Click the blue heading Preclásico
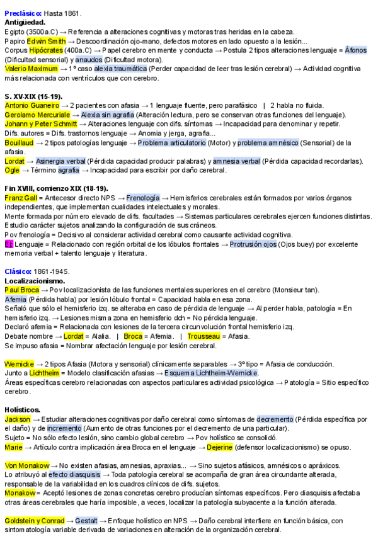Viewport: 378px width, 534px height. tap(23, 13)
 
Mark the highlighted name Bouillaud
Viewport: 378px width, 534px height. tap(21, 143)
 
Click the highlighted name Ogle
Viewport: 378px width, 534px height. tap(12, 170)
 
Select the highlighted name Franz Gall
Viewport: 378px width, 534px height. tap(21, 198)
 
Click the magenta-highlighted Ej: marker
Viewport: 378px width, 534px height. tap(9, 244)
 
